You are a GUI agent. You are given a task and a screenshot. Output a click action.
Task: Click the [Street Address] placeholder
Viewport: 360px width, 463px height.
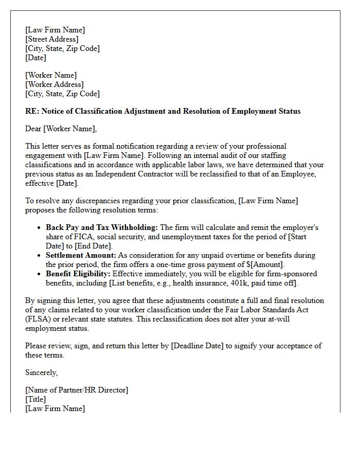point(52,39)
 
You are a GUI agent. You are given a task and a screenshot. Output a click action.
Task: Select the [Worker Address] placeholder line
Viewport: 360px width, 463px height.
point(55,84)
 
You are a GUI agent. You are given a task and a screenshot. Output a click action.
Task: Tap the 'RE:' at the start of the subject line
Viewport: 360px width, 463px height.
point(32,111)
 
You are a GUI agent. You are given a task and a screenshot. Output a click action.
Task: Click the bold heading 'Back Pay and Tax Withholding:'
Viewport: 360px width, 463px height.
point(102,227)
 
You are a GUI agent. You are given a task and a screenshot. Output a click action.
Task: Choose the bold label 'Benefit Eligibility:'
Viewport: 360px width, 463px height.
point(78,274)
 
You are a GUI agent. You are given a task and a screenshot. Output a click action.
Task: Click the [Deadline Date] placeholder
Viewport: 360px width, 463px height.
point(198,346)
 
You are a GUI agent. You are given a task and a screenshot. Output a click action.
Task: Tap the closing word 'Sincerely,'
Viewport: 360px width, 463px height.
point(42,372)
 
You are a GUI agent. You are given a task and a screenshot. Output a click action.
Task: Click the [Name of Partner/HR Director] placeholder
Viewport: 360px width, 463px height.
point(77,390)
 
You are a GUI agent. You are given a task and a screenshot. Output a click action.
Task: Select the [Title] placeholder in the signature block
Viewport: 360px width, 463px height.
point(35,399)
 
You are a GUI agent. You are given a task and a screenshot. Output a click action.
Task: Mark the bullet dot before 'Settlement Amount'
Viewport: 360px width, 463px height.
point(39,256)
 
